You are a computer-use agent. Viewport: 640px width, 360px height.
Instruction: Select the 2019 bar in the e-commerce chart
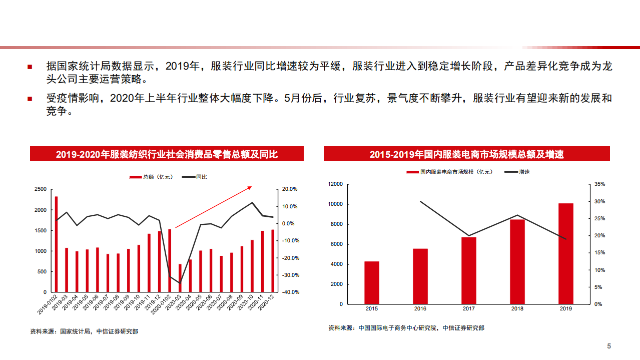(565, 253)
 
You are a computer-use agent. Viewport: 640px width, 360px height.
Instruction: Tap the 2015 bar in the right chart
(372, 282)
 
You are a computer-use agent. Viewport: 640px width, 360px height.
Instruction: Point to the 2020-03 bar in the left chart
(180, 278)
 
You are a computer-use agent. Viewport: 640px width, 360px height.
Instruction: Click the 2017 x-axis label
(469, 309)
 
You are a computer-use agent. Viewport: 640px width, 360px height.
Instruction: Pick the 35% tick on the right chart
(599, 184)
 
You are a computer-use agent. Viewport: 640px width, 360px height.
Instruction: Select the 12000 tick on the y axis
(335, 184)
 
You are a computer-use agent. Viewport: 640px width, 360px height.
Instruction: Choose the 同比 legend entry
(195, 177)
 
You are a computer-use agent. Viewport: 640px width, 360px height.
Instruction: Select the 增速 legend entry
(518, 172)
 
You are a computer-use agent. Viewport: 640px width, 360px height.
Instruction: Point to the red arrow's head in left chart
(250, 187)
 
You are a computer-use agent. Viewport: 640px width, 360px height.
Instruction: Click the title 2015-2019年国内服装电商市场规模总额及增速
(466, 154)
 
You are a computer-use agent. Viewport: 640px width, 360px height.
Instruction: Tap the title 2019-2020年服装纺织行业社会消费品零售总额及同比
(167, 154)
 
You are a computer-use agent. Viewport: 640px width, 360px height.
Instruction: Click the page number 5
(609, 346)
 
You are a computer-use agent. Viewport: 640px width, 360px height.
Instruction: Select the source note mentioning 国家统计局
(84, 331)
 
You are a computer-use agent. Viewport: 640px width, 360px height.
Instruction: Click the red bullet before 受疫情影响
(30, 99)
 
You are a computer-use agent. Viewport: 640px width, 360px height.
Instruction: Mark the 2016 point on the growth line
(420, 201)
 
